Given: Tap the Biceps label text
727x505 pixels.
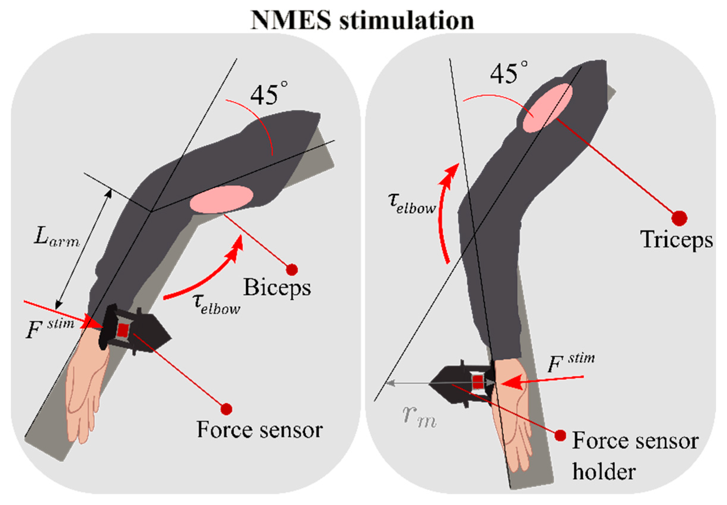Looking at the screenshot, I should tap(277, 288).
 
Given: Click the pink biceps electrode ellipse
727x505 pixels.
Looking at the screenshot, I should tap(221, 199).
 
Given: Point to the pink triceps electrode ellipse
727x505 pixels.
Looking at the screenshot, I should tap(547, 108).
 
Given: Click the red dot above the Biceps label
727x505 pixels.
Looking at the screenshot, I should tap(292, 270).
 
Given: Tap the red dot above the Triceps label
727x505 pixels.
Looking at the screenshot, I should tap(679, 218).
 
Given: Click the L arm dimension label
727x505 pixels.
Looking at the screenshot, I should tap(56, 237).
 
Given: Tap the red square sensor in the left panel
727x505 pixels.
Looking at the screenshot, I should tap(123, 330).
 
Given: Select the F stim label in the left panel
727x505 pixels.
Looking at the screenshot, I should tap(49, 329).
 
